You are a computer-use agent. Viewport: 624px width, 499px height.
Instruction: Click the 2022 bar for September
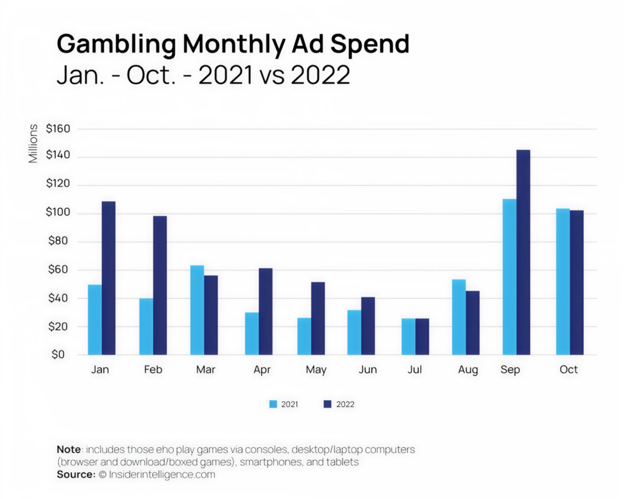click(523, 252)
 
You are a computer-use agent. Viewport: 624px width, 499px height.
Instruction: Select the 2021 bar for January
click(94, 320)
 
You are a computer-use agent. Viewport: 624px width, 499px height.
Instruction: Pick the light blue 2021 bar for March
click(197, 310)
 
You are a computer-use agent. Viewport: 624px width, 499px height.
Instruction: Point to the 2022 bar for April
click(266, 311)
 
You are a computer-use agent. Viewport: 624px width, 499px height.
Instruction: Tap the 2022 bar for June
click(368, 326)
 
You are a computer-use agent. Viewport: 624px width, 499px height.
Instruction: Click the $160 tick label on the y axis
click(58, 129)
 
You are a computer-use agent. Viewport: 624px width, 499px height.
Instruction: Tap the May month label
click(316, 370)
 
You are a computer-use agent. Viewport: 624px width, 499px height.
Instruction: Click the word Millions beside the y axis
click(33, 143)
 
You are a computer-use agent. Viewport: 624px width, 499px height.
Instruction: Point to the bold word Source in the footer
click(75, 474)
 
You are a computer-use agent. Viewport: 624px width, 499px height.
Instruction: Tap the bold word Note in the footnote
click(69, 449)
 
